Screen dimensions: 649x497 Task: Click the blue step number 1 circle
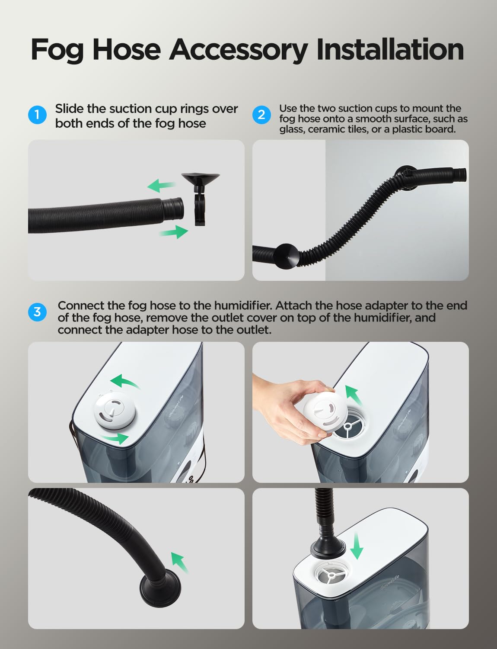coord(37,115)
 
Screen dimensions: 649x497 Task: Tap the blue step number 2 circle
coord(261,115)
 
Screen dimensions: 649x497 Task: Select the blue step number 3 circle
coord(37,312)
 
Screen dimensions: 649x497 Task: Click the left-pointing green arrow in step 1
coord(161,186)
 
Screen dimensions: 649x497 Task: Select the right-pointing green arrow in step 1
coord(174,232)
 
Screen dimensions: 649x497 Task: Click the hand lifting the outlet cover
coord(281,402)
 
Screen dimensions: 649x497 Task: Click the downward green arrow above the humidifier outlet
coord(357,546)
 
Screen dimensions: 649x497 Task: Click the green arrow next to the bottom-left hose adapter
coord(180,562)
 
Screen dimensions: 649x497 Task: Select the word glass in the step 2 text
coord(292,129)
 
